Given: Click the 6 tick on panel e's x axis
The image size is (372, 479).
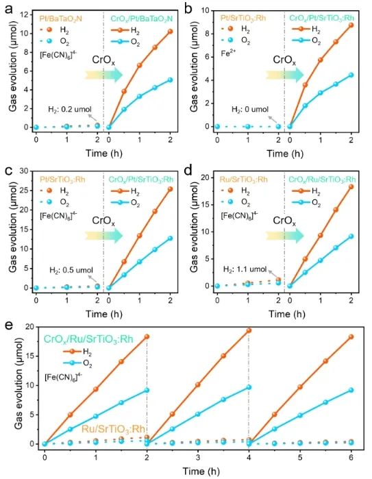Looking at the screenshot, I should (351, 455).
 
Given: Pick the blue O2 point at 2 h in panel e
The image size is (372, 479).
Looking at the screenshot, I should (147, 390).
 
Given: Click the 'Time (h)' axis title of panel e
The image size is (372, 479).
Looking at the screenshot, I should (197, 470).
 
